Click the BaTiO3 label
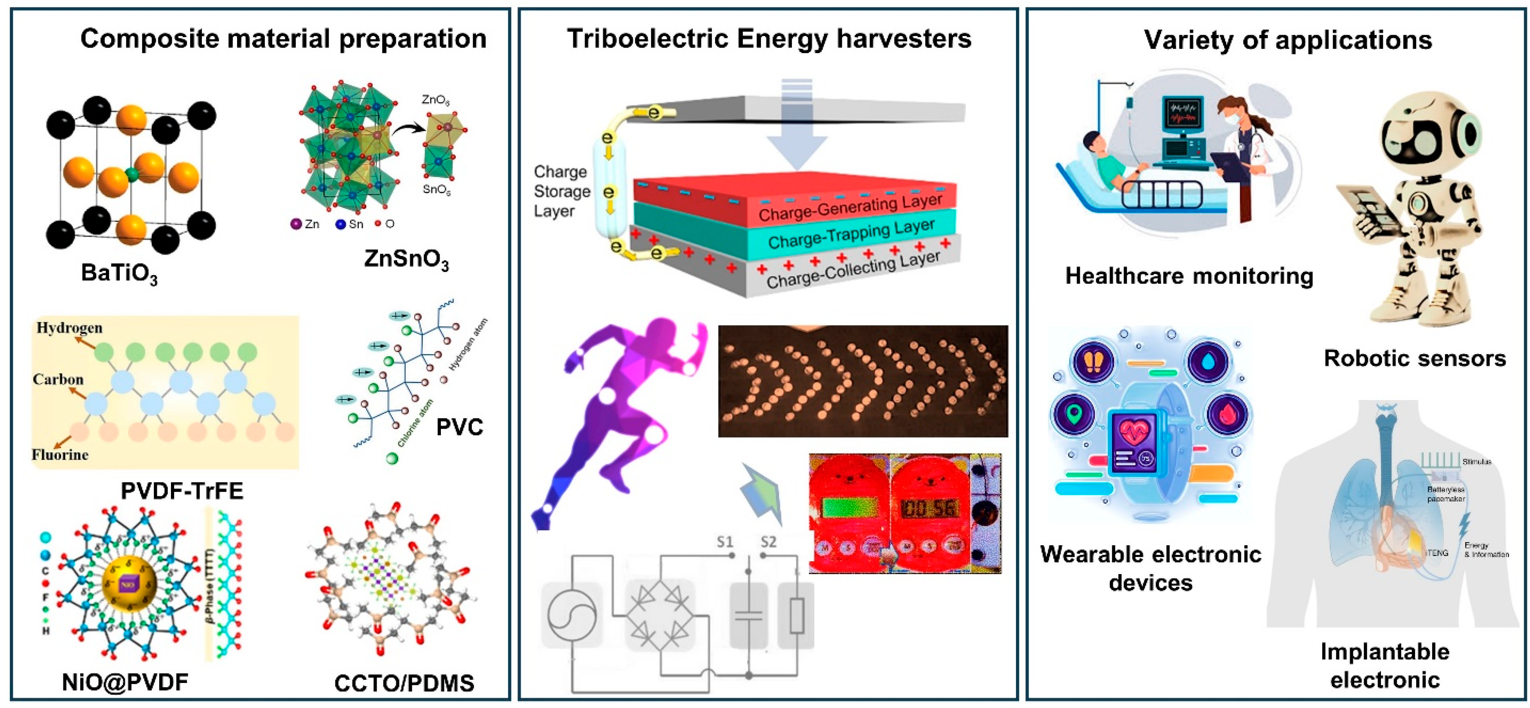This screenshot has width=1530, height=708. (x=119, y=274)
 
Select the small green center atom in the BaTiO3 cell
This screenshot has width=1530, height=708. (x=133, y=174)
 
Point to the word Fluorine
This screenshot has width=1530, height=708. (x=59, y=455)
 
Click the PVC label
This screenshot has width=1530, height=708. (x=459, y=427)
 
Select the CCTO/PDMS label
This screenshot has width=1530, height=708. (x=404, y=683)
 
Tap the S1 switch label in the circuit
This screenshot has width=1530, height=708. (x=725, y=542)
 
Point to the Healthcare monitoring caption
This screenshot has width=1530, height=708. (x=1188, y=276)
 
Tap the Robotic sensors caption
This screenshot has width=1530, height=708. (x=1415, y=358)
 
